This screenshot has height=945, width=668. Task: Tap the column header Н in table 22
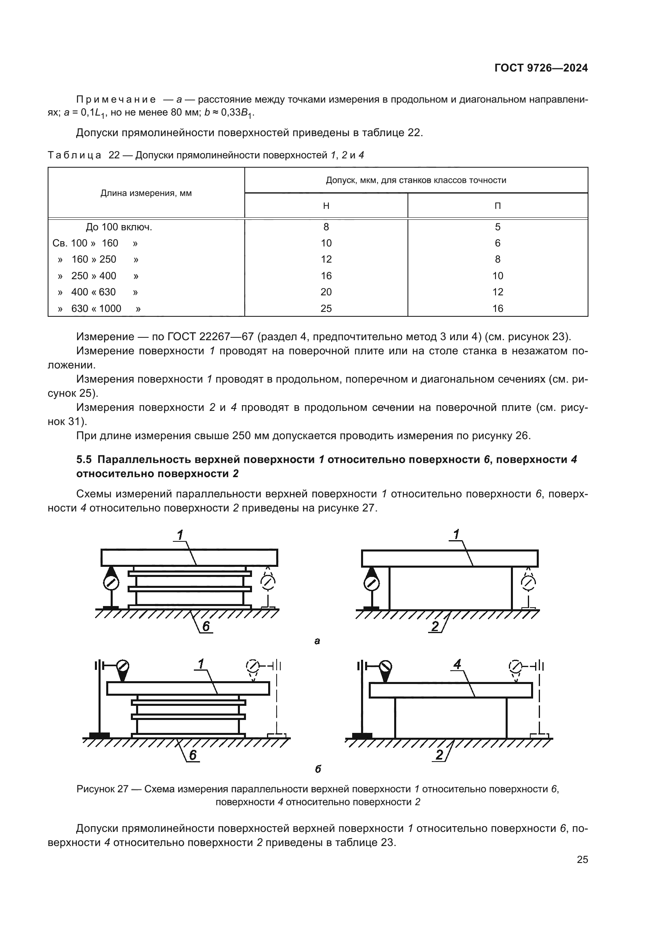click(326, 206)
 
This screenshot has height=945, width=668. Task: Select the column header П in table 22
click(497, 206)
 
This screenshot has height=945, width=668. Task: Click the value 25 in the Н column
click(326, 308)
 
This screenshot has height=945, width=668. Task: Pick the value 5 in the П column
click(497, 227)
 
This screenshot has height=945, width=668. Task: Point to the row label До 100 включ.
click(119, 227)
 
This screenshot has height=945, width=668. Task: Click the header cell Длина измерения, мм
click(146, 193)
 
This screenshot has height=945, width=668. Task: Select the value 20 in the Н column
click(326, 292)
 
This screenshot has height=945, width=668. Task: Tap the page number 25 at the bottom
click(582, 860)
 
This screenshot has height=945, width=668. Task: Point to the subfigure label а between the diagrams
click(317, 641)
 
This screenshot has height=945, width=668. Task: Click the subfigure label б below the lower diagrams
click(317, 769)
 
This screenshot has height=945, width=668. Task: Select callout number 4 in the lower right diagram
click(457, 664)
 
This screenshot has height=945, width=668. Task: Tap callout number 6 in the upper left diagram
click(206, 626)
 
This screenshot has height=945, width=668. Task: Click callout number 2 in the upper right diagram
click(435, 626)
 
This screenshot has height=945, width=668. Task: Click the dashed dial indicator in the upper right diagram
click(528, 583)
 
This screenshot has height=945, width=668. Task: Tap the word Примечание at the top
click(116, 100)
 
